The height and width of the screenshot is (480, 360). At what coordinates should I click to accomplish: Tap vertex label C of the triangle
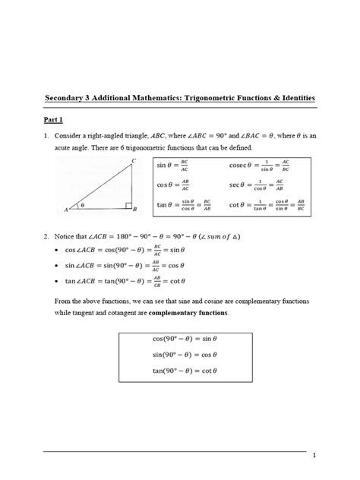[133, 160]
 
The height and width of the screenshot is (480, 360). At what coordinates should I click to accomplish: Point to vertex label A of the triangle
[67, 209]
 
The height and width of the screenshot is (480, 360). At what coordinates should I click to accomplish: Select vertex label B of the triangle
[134, 209]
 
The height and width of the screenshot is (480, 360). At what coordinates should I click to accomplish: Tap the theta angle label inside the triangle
[83, 204]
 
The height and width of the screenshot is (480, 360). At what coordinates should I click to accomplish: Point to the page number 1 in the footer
[314, 455]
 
